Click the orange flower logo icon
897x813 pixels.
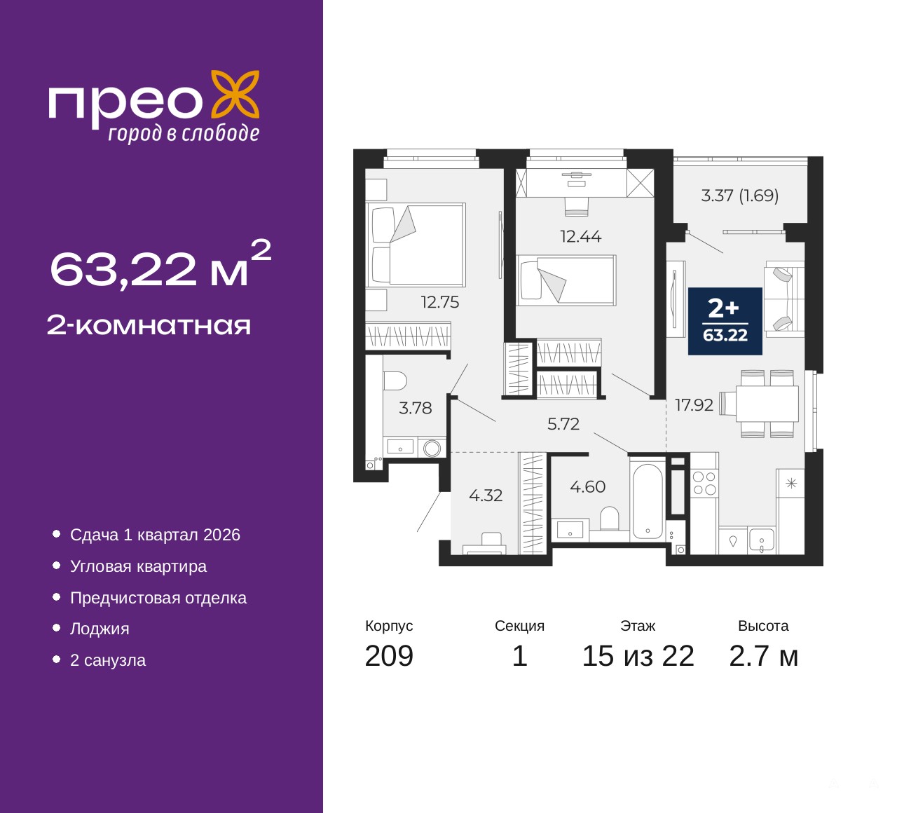pos(235,95)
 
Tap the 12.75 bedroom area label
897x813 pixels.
pos(440,302)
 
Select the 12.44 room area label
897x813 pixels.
pos(581,236)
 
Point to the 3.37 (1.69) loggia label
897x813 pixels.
pos(739,196)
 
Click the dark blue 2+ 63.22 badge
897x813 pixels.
pos(725,321)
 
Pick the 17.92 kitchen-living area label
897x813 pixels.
pos(694,405)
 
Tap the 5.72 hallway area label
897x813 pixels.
pos(563,424)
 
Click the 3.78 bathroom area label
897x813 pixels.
pos(416,409)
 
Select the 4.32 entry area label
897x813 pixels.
pos(486,496)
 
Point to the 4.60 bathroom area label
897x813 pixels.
pos(587,486)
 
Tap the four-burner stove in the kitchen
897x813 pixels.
pos(704,484)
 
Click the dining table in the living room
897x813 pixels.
pos(767,404)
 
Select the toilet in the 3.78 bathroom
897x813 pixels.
pos(395,381)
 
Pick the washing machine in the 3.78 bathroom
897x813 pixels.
pos(432,448)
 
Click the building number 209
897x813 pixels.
pos(389,656)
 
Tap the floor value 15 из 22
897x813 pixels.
pos(638,656)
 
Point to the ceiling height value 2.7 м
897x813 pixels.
pos(763,656)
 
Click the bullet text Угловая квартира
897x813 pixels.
pos(139,566)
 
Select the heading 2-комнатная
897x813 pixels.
pos(149,326)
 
